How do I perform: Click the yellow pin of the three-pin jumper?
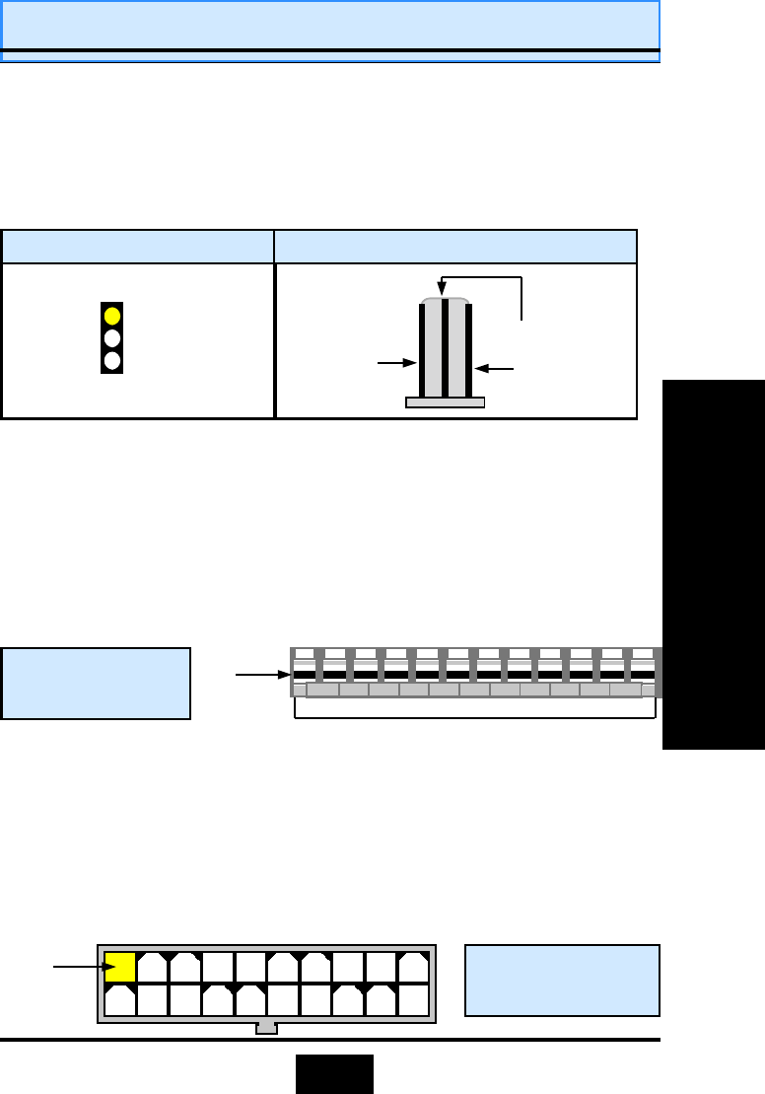[x=112, y=316]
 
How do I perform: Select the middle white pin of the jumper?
[x=112, y=338]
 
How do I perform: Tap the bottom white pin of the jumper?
[x=112, y=360]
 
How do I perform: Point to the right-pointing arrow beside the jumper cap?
[x=398, y=363]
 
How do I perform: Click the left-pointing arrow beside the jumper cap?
[x=495, y=368]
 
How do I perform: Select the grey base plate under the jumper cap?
[x=445, y=402]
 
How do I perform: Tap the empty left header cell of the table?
[x=138, y=247]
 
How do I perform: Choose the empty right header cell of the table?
[x=454, y=247]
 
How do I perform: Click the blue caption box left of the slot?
[x=96, y=683]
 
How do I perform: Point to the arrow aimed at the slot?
[x=262, y=675]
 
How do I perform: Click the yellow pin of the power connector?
[x=120, y=968]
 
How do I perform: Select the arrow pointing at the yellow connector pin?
[x=79, y=967]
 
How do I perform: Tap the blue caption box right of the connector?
[x=562, y=980]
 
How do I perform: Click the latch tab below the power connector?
[x=266, y=1029]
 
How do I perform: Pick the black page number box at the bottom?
[x=334, y=1073]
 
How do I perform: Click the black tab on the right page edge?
[x=714, y=564]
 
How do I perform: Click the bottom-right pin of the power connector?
[x=413, y=999]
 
